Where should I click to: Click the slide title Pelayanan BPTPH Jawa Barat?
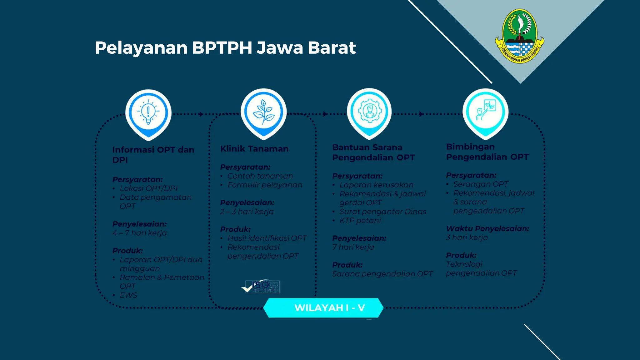[225, 48]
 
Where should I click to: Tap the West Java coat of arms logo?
[519, 36]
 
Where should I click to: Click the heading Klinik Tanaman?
[254, 149]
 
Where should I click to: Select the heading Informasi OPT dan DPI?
[153, 155]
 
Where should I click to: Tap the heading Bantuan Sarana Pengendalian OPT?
[373, 152]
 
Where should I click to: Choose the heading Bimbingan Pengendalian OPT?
[487, 152]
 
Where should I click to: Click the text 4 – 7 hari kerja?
[139, 233]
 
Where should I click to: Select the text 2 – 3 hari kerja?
[247, 212]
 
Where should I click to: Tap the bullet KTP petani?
[360, 221]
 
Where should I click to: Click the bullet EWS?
[128, 295]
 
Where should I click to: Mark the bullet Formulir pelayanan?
[265, 185]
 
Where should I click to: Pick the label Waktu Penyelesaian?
[487, 229]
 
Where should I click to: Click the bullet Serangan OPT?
[481, 184]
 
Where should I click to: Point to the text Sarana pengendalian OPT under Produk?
[382, 274]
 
